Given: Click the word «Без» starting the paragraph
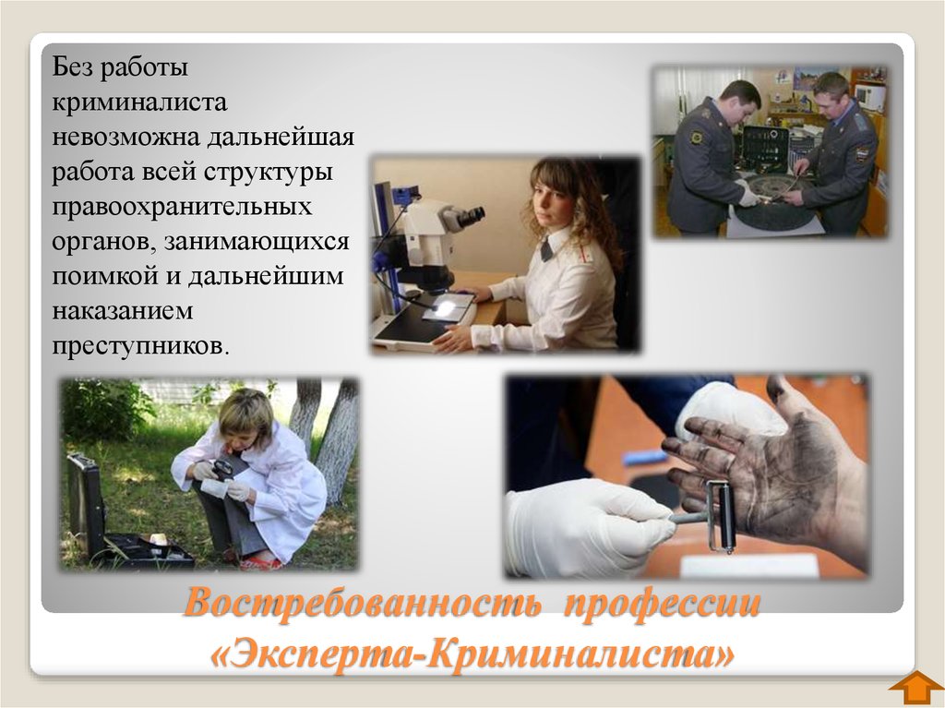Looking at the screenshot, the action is (x=72, y=66).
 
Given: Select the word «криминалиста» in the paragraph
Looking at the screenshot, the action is (x=139, y=102).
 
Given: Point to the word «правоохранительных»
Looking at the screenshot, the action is (x=182, y=206).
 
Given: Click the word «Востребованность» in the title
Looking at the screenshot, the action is (x=361, y=603).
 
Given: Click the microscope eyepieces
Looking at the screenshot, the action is (x=465, y=216).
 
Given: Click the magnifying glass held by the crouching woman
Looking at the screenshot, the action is (x=223, y=468).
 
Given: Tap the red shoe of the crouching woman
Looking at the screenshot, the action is (x=260, y=563).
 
